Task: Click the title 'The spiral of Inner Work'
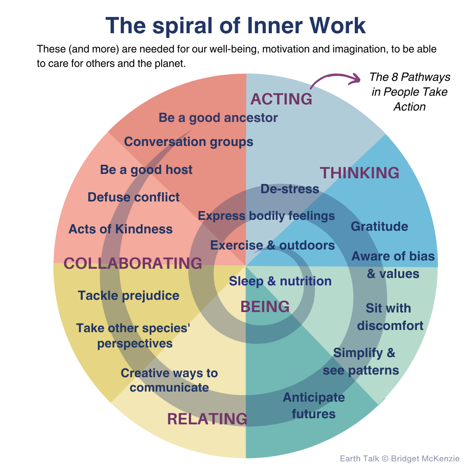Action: click(x=236, y=26)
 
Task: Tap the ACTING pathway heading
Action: click(x=281, y=99)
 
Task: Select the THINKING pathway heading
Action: click(x=359, y=173)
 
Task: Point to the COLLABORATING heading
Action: click(x=133, y=263)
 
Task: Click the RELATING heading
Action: click(x=207, y=419)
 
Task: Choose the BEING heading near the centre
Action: click(x=265, y=306)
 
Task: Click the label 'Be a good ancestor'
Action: click(x=218, y=118)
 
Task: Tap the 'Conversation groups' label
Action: click(x=188, y=142)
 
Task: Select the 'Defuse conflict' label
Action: click(x=133, y=197)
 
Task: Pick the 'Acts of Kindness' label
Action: click(x=121, y=229)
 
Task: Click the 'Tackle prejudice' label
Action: click(x=128, y=295)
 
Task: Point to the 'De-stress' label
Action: click(x=290, y=189)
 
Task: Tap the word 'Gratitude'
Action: click(x=379, y=226)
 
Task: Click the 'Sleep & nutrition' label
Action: click(x=280, y=281)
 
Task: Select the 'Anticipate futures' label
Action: click(x=313, y=406)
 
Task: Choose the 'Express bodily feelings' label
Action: click(x=266, y=216)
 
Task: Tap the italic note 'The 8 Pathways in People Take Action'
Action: click(x=410, y=92)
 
